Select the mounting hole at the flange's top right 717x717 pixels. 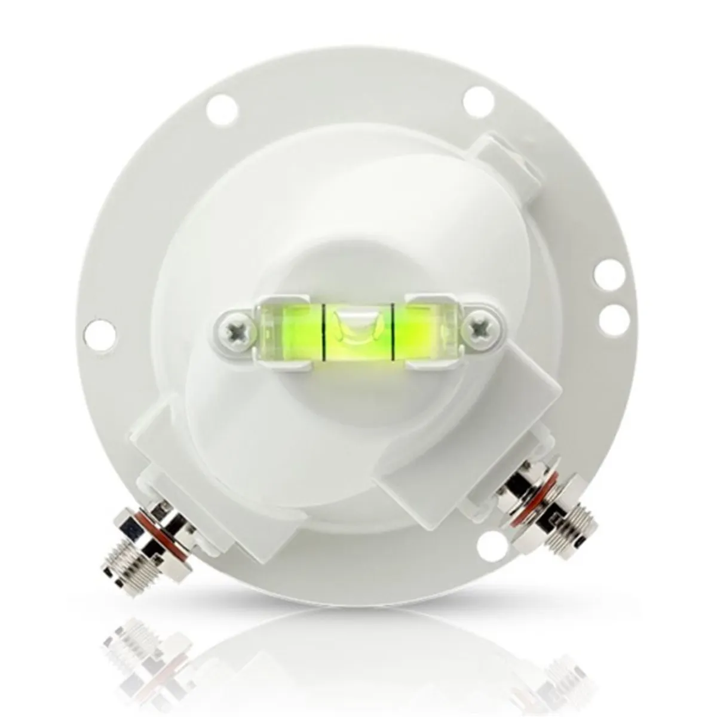(x=477, y=94)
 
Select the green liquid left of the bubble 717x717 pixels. (x=291, y=330)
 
